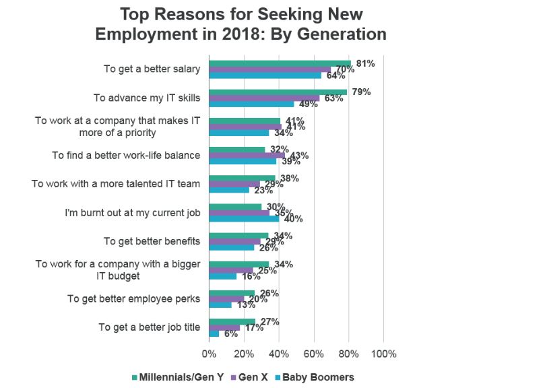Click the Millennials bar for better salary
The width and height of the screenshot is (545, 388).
point(280,63)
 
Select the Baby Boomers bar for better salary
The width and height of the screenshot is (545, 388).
point(265,75)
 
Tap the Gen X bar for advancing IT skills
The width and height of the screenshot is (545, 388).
point(264,98)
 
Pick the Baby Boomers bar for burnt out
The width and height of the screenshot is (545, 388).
point(244,218)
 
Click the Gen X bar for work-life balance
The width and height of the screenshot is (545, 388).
point(247,155)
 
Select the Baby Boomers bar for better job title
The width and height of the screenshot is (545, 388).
point(214,333)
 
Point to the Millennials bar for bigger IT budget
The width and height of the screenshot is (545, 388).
point(238,264)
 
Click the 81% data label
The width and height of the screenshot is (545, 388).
point(365,63)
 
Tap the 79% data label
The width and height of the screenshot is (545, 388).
point(361,92)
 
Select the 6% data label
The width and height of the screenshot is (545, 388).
point(229,333)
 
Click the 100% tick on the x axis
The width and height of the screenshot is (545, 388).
point(383,354)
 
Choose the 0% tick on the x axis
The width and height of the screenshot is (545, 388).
point(210,354)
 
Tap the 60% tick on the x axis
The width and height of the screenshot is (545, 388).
point(314,354)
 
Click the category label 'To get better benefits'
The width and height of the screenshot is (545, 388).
point(152,241)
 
